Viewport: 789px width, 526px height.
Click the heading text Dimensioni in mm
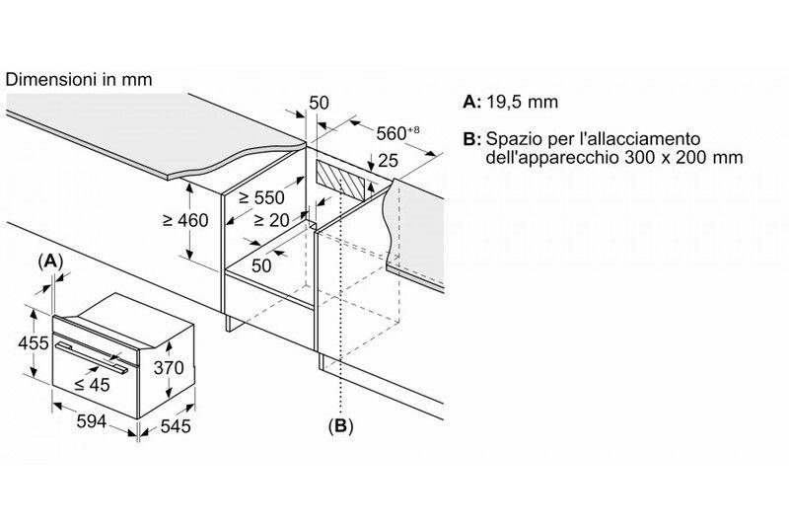click(79, 80)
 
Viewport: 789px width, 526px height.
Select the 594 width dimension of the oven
click(91, 421)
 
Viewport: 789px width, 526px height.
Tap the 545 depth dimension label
click(176, 426)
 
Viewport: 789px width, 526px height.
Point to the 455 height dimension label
click(34, 343)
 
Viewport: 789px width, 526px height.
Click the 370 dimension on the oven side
click(169, 367)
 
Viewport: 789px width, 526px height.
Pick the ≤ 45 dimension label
click(92, 385)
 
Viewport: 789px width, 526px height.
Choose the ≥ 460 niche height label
click(185, 220)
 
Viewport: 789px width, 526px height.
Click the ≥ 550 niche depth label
click(261, 197)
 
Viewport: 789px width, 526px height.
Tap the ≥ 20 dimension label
click(272, 220)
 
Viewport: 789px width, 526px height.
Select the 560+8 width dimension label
click(397, 133)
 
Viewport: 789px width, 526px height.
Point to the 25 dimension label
click(388, 161)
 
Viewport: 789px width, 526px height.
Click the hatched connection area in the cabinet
click(340, 180)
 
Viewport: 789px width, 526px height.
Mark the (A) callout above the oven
click(50, 261)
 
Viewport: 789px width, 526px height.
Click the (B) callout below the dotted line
click(340, 426)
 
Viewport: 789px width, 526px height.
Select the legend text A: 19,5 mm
click(510, 102)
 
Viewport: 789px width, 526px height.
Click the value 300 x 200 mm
click(683, 157)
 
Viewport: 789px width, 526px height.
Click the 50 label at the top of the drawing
click(319, 103)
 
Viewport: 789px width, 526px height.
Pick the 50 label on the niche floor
click(261, 265)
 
